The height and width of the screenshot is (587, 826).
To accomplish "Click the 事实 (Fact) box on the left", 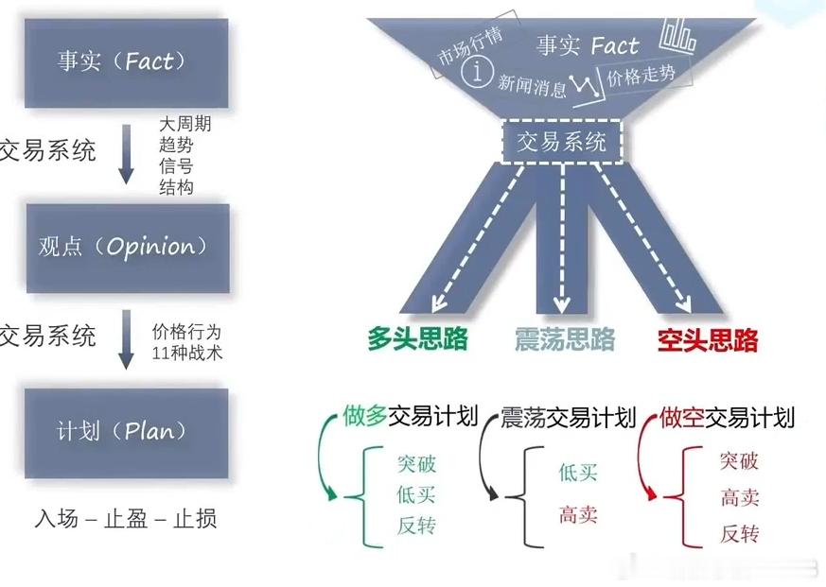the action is pyautogui.click(x=127, y=62).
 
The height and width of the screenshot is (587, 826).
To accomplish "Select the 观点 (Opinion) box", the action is pyautogui.click(x=127, y=247).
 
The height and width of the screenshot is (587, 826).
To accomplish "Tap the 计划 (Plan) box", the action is pyautogui.click(x=127, y=432).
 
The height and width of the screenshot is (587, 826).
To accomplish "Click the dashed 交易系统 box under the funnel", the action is pyautogui.click(x=562, y=142).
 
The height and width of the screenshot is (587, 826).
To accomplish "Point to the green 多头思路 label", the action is pyautogui.click(x=418, y=339).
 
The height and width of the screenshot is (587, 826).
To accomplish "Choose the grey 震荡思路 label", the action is pyautogui.click(x=565, y=339).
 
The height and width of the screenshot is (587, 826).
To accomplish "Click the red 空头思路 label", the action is pyautogui.click(x=708, y=339).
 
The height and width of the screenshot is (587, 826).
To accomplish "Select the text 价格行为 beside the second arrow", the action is pyautogui.click(x=186, y=333).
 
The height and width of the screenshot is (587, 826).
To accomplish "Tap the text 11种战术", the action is pyautogui.click(x=186, y=354).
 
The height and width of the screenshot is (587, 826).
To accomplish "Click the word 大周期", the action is pyautogui.click(x=185, y=126).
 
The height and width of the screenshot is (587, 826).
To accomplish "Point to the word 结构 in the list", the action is pyautogui.click(x=176, y=187).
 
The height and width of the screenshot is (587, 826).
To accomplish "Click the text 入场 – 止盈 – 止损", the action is pyautogui.click(x=126, y=519).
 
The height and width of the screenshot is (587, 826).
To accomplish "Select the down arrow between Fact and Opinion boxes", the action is pyautogui.click(x=128, y=157).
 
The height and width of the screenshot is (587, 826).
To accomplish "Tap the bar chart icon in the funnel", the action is pyautogui.click(x=678, y=35).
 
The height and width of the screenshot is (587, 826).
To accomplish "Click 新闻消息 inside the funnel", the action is pyautogui.click(x=533, y=85).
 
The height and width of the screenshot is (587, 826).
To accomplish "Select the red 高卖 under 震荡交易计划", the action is pyautogui.click(x=578, y=515).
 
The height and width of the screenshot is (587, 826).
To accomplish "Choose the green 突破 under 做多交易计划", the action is pyautogui.click(x=417, y=464).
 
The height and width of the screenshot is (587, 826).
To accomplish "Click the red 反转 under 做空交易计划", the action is pyautogui.click(x=739, y=534).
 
